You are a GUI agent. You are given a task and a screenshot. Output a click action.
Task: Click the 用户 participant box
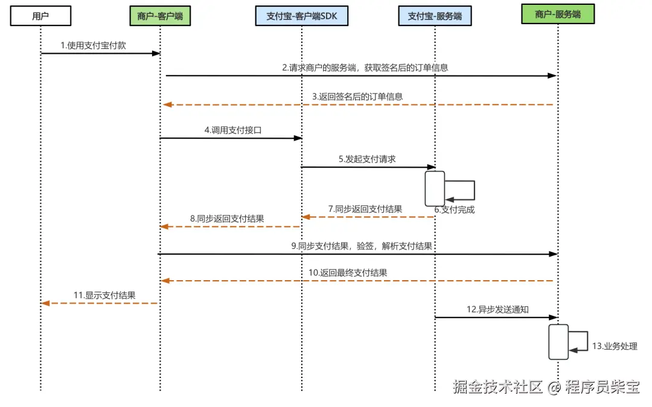40,16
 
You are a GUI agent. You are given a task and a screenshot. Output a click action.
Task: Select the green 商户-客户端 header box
160,16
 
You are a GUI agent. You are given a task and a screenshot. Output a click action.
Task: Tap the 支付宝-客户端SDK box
302,16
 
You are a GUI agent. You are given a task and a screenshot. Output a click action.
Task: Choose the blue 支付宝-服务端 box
435,16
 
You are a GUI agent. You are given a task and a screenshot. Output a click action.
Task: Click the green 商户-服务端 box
557,14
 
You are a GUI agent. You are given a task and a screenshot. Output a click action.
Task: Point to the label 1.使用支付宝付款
93,45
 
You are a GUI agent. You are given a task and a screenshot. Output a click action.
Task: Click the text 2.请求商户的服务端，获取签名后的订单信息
365,68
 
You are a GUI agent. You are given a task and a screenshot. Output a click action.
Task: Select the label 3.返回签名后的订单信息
357,96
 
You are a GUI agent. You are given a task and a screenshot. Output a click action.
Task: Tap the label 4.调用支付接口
232,130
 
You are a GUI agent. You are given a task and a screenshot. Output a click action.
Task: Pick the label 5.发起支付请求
366,159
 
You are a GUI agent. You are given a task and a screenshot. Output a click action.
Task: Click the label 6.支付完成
454,210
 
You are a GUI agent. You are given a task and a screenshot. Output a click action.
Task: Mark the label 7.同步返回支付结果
365,208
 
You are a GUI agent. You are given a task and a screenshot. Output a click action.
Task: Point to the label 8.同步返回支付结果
226,219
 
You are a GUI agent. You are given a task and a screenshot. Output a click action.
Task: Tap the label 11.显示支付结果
104,295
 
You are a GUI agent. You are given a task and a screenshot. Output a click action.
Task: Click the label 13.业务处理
614,346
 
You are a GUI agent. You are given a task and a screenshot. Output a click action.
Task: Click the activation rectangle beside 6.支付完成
435,188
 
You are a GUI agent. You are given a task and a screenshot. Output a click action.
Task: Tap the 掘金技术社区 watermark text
498,387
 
